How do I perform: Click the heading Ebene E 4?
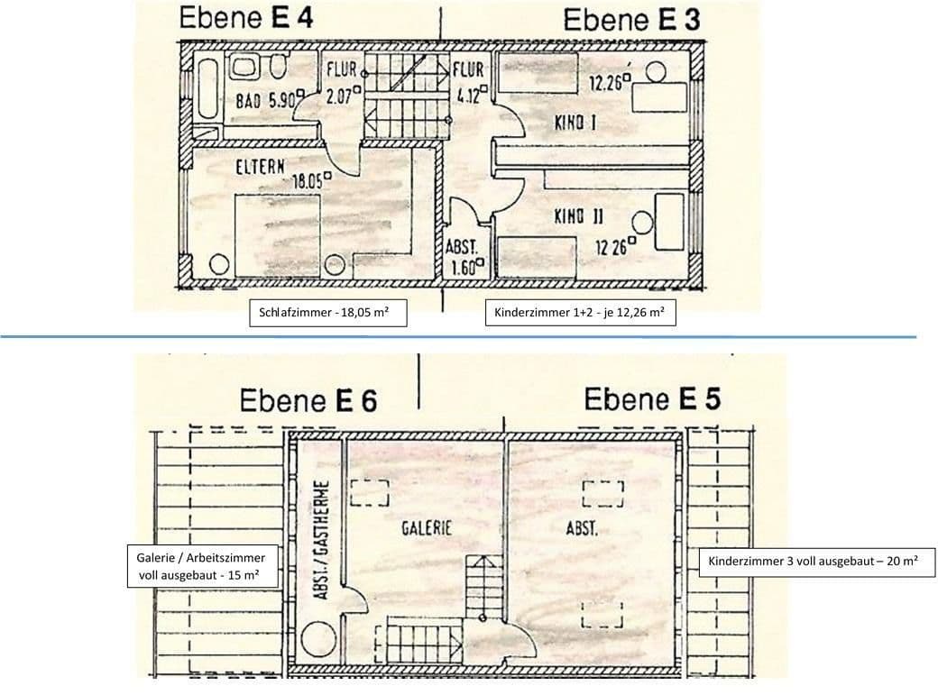tap(246, 19)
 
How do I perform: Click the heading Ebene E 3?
tap(631, 20)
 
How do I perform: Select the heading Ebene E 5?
tap(651, 398)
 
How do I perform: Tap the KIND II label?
tap(578, 216)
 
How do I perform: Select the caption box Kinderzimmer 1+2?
tap(580, 313)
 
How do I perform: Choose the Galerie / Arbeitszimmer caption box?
tap(196, 566)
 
